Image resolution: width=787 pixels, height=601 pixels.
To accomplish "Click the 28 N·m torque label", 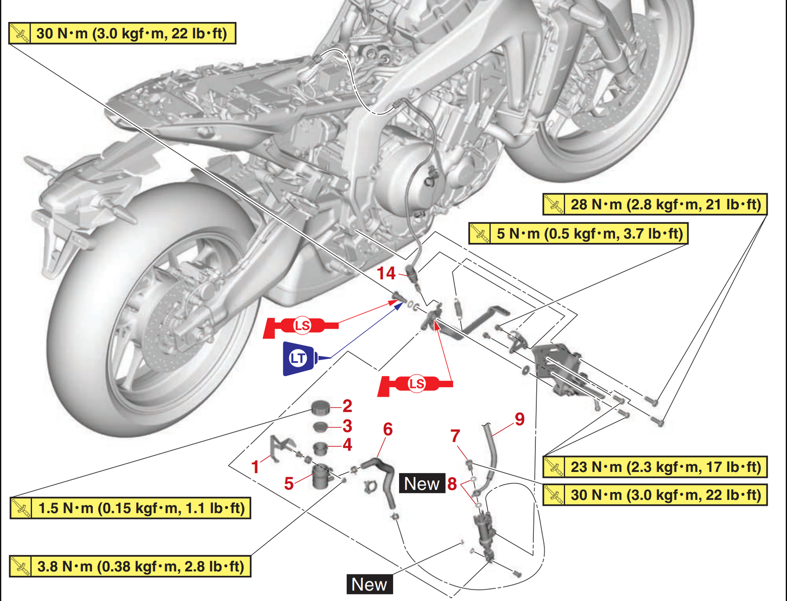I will coord(655,204).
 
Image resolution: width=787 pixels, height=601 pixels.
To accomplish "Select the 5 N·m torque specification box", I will coord(578,234).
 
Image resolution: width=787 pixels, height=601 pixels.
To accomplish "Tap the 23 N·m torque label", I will coord(655,467).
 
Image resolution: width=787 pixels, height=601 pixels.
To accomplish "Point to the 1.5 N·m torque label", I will coord(130,508).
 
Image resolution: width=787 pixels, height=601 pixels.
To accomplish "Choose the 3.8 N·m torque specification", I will coord(130,566).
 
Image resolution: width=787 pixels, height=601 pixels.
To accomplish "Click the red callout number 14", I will coord(386,273).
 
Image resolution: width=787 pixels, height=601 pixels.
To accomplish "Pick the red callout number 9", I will coord(519,419).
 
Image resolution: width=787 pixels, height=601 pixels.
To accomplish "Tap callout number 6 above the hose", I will coord(387,429).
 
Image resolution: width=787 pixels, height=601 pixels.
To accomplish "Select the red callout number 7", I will coord(455,436).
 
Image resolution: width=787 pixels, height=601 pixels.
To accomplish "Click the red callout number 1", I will coord(255,467).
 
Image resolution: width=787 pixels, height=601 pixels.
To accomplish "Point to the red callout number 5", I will coord(289,484).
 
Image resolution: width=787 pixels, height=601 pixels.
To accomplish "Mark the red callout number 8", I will coord(452,484).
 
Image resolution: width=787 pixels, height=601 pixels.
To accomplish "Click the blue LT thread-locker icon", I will coord(299,358).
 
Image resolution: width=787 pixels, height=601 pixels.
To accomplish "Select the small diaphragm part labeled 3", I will coord(320,427).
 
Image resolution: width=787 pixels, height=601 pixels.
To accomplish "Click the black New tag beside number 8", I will coord(422,484).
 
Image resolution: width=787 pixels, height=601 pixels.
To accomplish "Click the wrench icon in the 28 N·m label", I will coord(554,204).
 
